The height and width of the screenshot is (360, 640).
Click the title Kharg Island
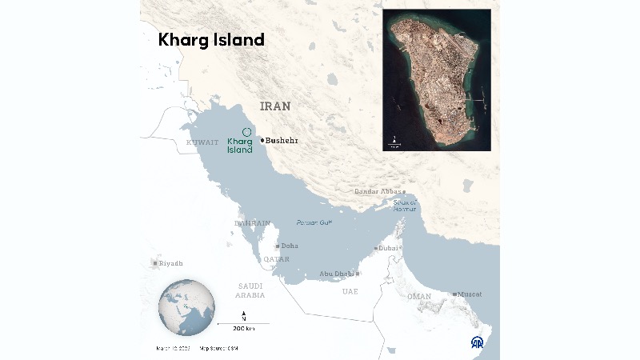(211, 40)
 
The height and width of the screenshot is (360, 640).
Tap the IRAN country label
(275, 106)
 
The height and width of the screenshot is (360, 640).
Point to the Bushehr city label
(282, 141)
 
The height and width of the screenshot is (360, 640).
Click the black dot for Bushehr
(261, 141)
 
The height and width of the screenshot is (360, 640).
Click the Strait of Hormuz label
(406, 205)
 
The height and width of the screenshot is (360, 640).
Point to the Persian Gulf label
(314, 222)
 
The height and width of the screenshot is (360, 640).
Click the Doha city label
(289, 246)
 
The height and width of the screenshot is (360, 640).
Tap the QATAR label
(276, 259)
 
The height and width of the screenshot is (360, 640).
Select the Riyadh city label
(170, 263)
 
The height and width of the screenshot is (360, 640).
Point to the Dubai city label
(389, 248)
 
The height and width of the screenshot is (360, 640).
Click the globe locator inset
(186, 307)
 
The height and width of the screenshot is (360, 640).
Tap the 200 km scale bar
(243, 323)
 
